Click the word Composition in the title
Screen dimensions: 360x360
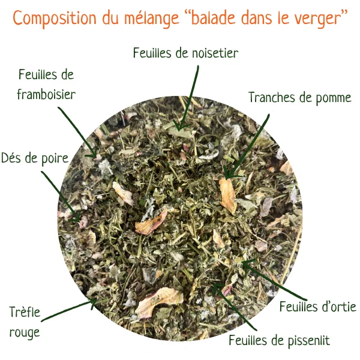[55, 18]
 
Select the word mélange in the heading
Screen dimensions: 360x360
[152, 18]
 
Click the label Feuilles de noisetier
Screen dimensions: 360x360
[185, 53]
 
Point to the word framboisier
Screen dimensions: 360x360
[46, 94]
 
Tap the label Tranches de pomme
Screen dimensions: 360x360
[300, 98]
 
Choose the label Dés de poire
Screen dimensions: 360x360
[35, 158]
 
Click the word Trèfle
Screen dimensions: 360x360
[25, 312]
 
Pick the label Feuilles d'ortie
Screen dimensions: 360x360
[318, 307]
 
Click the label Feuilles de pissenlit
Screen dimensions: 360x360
[279, 340]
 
